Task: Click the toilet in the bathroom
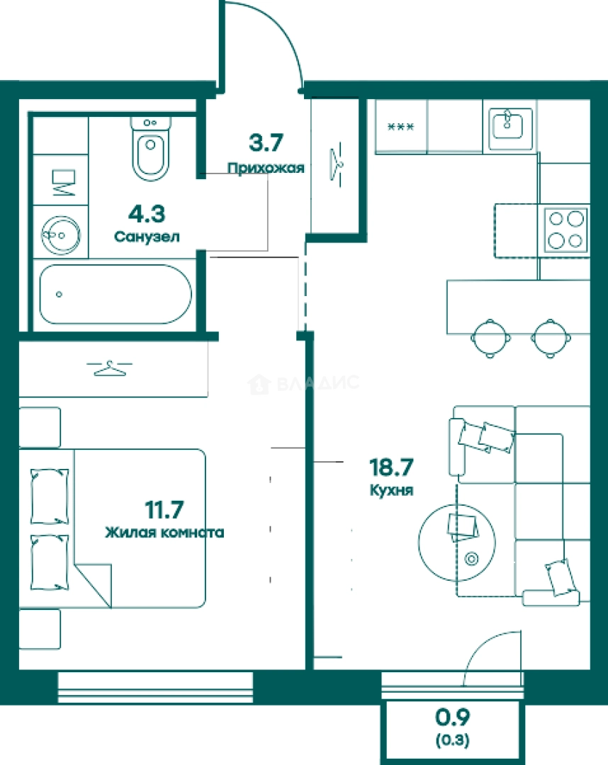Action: click(151, 148)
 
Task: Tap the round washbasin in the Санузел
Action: click(60, 235)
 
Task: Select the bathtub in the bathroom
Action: click(116, 294)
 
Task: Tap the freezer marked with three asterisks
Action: click(400, 127)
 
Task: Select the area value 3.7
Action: click(266, 142)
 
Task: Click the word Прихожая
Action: click(266, 168)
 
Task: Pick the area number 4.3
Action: click(147, 214)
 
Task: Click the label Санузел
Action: click(147, 237)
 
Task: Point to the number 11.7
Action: click(164, 510)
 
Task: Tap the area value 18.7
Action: click(391, 467)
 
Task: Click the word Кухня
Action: click(391, 490)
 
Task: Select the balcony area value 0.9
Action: click(452, 717)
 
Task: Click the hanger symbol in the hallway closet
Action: click(336, 161)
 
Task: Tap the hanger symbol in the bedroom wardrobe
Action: click(109, 368)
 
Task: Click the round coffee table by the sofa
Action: click(457, 543)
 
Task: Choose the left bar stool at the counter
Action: click(491, 338)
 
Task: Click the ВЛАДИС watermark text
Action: click(318, 383)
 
